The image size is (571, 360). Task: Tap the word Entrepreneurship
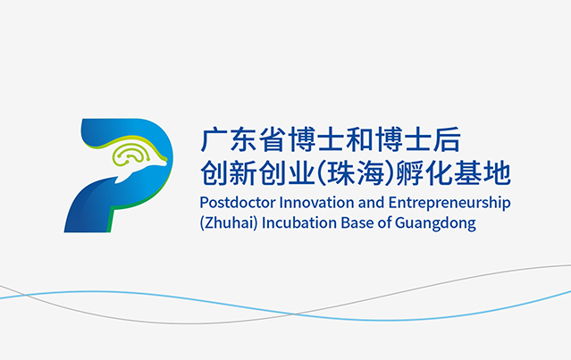click(x=449, y=204)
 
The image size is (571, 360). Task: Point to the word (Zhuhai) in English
click(x=229, y=222)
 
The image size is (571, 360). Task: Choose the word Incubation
click(x=299, y=222)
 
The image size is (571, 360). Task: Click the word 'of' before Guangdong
click(x=384, y=222)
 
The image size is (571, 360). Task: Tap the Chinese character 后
click(x=447, y=139)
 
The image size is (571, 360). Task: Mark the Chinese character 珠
click(x=341, y=172)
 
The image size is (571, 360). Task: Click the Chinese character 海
click(x=370, y=172)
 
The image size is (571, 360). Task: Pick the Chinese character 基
click(x=468, y=172)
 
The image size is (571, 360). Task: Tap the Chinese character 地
click(x=497, y=172)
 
